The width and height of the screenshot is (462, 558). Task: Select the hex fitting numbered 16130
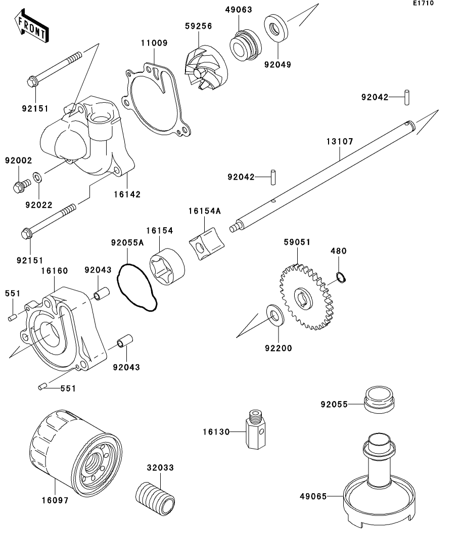(x=254, y=428)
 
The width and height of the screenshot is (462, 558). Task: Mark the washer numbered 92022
(x=37, y=179)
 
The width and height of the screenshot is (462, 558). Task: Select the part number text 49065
(x=313, y=497)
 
